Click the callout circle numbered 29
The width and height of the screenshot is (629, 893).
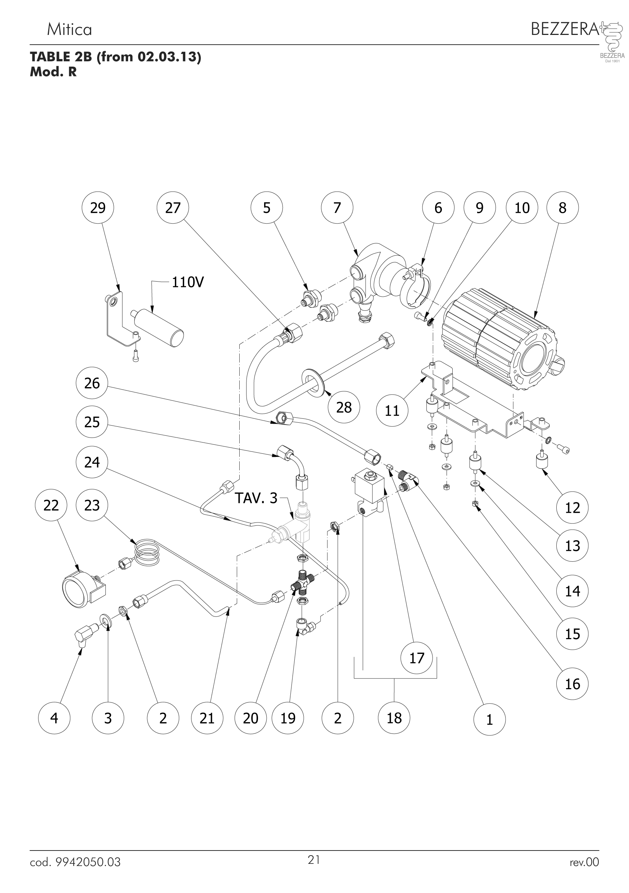pos(98,208)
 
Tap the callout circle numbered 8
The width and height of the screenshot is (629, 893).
pos(562,208)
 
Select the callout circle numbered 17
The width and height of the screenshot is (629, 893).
pos(417,658)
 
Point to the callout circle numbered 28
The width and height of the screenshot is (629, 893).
pos(344,407)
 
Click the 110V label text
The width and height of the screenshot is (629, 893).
pos(187,282)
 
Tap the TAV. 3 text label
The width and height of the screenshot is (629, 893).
pos(256,498)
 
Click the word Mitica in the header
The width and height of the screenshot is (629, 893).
pos(69,30)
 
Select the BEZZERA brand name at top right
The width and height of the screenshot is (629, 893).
pos(565,29)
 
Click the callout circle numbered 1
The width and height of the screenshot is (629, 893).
pos(489,719)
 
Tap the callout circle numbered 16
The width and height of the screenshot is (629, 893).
pos(572,684)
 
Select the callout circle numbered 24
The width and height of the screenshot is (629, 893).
pos(92,462)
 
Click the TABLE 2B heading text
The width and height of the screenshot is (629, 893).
pos(116,57)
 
